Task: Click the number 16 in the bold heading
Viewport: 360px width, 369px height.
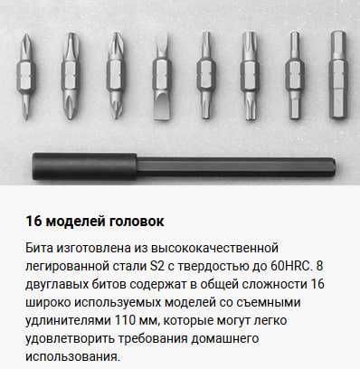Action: [x=35, y=220]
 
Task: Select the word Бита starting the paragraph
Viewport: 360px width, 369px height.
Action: [x=41, y=247]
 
